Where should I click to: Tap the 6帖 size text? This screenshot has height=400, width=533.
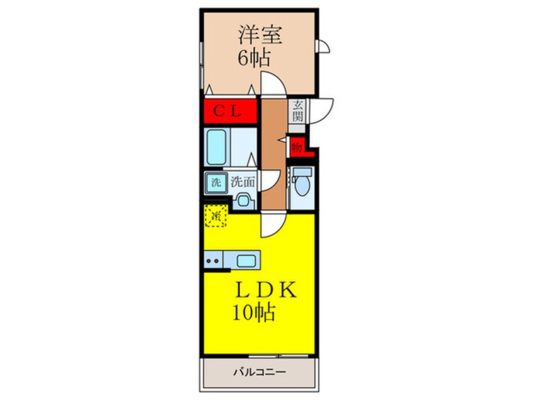(254, 59)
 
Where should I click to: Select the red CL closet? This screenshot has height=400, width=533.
(230, 112)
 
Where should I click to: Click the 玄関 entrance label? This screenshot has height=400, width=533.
(297, 112)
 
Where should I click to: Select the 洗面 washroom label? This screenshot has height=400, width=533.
(242, 183)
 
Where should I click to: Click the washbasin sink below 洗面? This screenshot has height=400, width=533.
(243, 201)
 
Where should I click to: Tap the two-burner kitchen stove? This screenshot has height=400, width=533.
(214, 260)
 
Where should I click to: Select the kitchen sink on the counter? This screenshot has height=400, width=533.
(246, 260)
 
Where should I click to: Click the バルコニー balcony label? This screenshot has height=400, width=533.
(259, 373)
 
